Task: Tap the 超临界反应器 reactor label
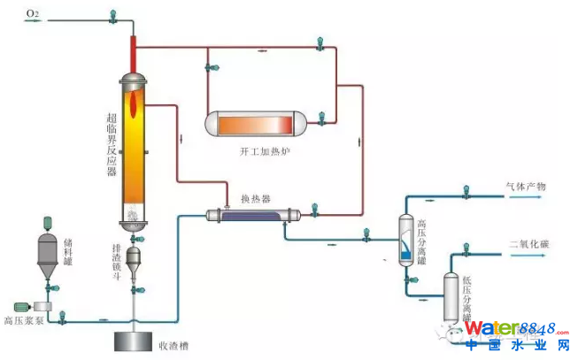(112, 147)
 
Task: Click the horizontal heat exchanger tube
(253, 214)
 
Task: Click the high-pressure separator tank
(405, 238)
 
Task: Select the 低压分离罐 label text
(466, 295)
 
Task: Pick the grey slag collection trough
(133, 340)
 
